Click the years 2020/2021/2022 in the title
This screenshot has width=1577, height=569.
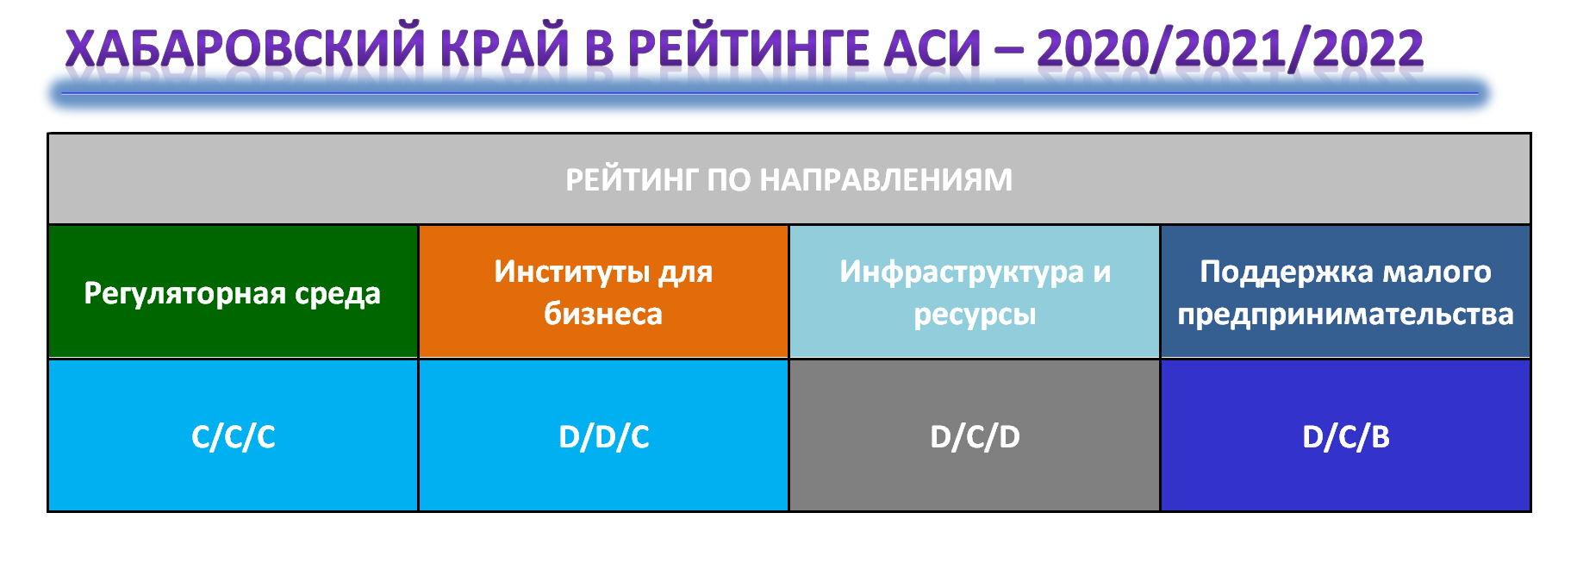coord(1231,49)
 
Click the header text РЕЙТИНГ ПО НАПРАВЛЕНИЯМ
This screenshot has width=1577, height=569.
coord(788,180)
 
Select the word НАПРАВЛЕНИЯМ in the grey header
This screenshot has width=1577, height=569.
coord(886,180)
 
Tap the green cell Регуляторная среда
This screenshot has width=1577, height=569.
coord(233,292)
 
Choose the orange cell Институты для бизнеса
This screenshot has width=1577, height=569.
coord(603,292)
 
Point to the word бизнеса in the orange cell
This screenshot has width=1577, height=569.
coord(603,314)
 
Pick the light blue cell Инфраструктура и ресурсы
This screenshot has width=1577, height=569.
coord(975,292)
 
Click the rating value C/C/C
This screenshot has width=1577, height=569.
coord(234,437)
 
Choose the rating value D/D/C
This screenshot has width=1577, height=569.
coord(604,437)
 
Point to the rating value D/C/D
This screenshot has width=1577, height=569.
coord(975,437)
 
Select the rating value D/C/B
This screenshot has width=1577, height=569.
coord(1346,437)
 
